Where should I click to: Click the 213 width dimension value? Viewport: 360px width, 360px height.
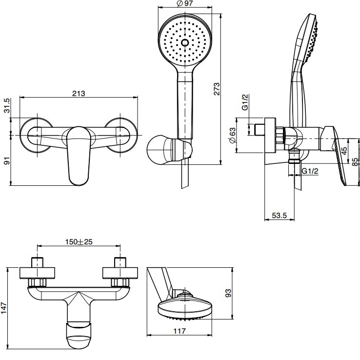tap(79, 94)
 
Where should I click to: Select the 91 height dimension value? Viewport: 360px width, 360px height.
tap(7, 161)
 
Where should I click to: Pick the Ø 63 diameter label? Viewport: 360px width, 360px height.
tap(233, 134)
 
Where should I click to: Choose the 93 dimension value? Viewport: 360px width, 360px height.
tap(228, 293)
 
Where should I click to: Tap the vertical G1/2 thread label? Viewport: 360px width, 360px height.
tap(245, 102)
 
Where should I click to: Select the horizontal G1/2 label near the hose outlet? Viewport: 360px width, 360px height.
tap(310, 171)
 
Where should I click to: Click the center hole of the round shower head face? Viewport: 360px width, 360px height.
tap(185, 42)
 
